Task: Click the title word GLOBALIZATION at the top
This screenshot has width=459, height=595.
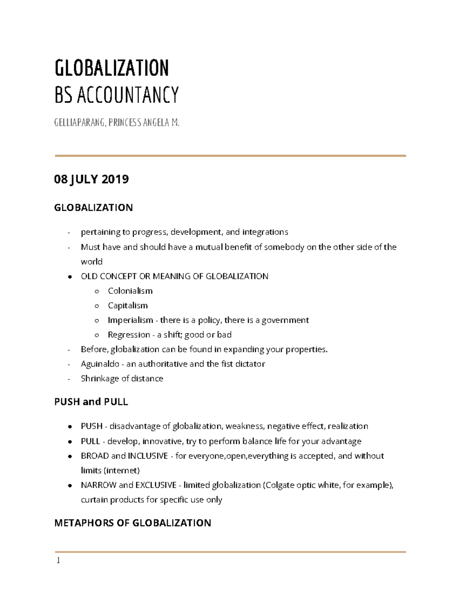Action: click(x=112, y=68)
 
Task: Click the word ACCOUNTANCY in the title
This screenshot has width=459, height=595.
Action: click(x=128, y=95)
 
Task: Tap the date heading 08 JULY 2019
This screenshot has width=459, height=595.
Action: click(x=91, y=179)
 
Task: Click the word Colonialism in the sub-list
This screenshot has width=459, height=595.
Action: click(x=130, y=291)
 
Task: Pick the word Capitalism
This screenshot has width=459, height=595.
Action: click(x=128, y=305)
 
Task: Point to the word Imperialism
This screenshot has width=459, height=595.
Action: click(x=130, y=320)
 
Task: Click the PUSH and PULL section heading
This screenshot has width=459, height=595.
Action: click(x=91, y=402)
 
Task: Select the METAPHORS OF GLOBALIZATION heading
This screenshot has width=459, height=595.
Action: click(x=133, y=523)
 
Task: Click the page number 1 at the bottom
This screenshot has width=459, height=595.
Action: click(x=58, y=561)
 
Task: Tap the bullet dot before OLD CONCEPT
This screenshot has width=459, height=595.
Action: click(x=70, y=277)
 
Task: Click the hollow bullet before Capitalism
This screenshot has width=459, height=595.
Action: click(x=97, y=306)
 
